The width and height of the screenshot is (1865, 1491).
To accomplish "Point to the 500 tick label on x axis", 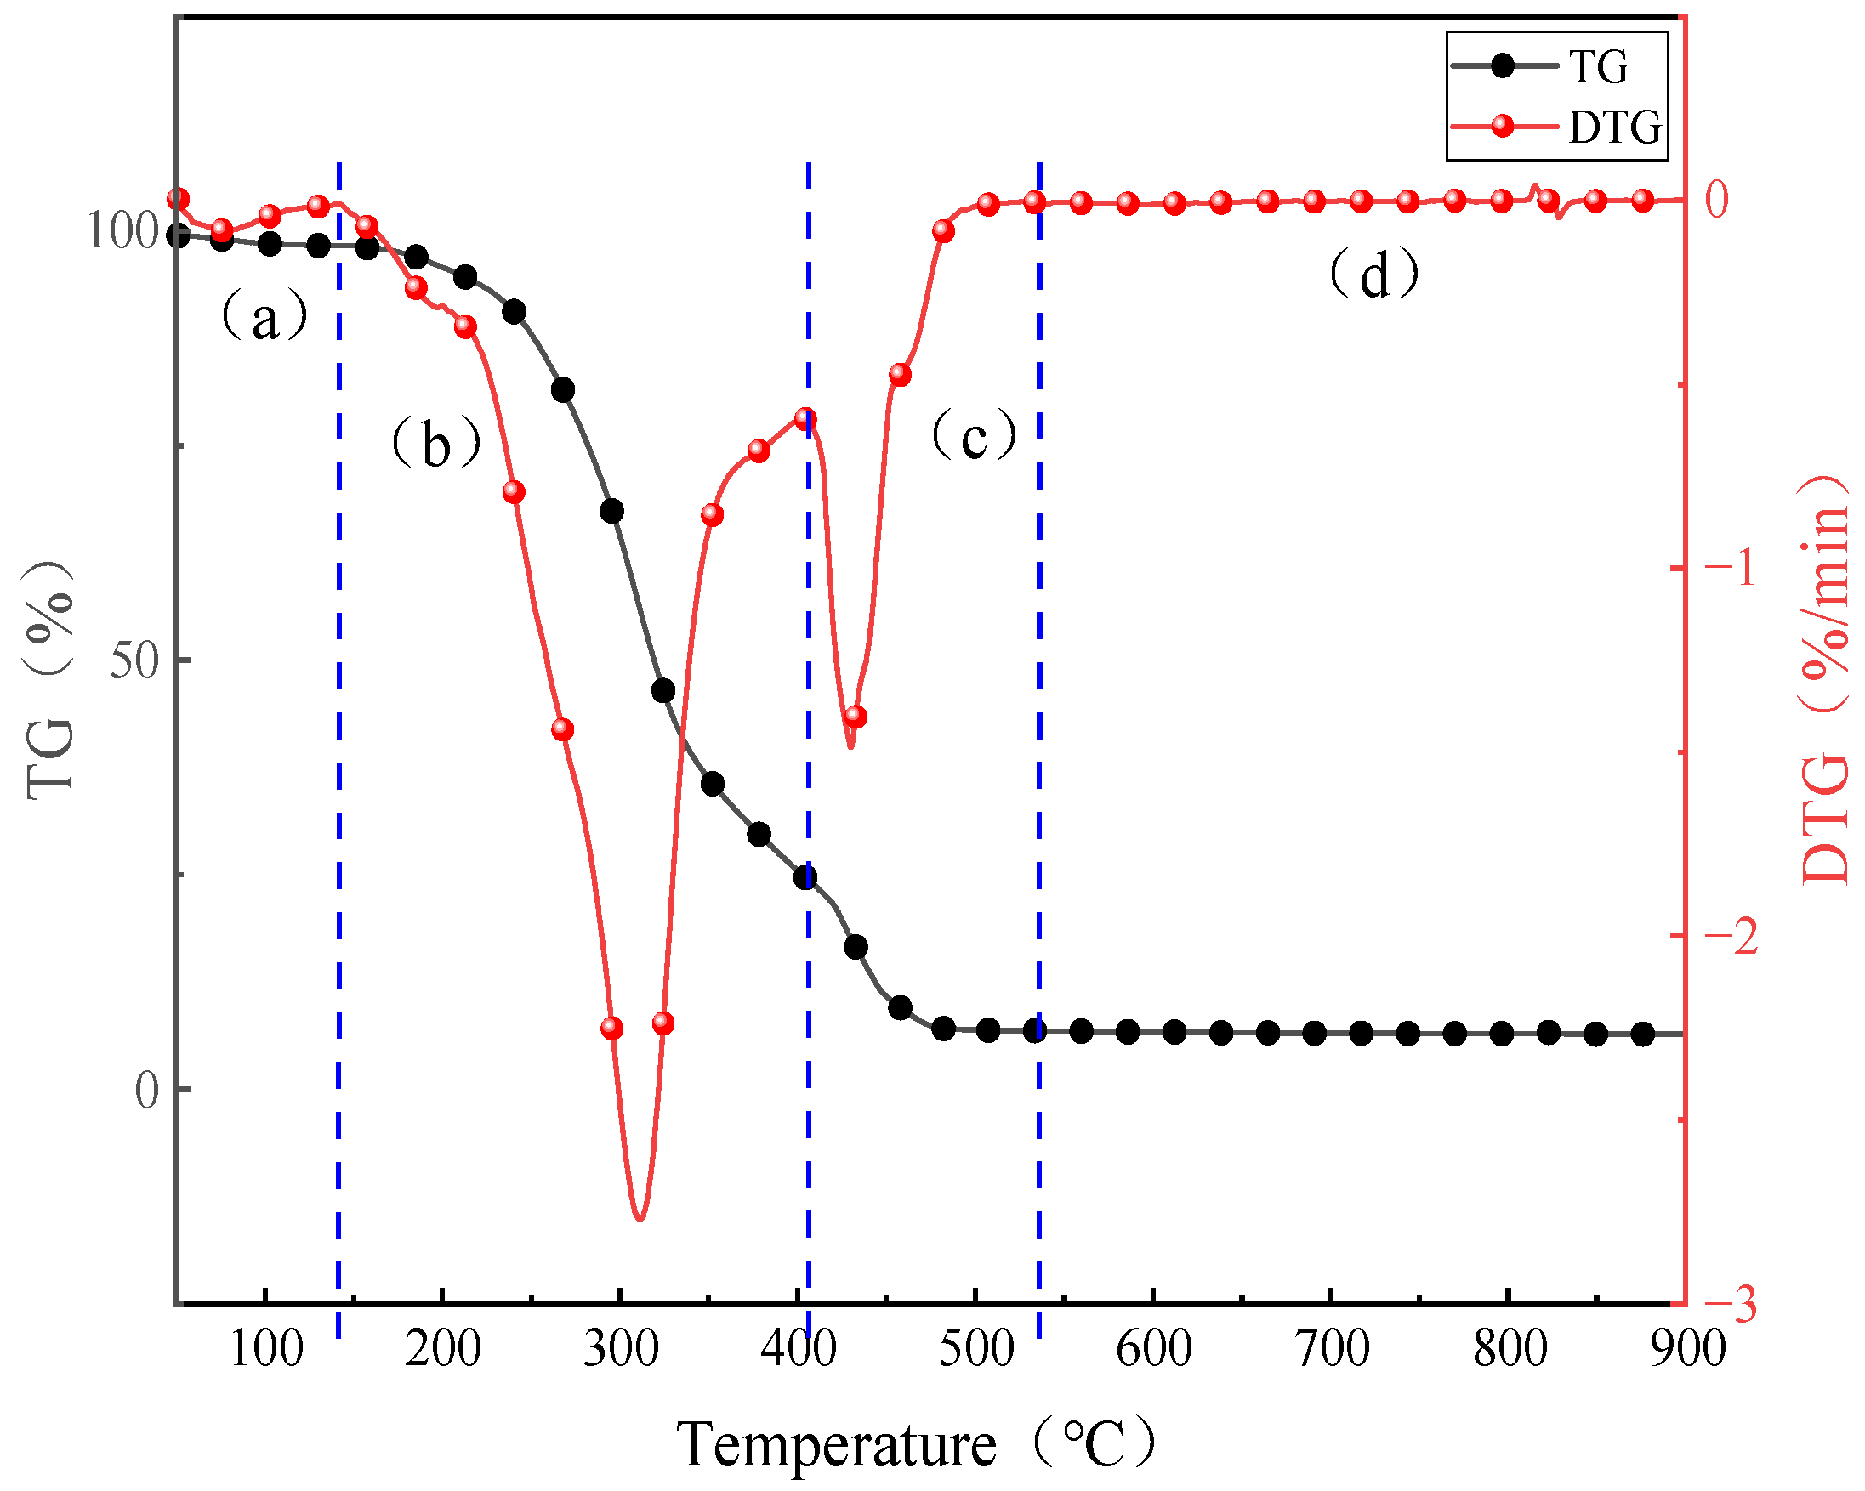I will pos(976,1348).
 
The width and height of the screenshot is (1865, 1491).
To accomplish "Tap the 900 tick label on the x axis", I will pos(1686,1348).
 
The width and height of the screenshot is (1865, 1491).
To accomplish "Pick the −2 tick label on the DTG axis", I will pos(1731,937).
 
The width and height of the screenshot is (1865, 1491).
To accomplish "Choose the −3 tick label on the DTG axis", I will pos(1731,1305).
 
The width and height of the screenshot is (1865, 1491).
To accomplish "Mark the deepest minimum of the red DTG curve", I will pos(640,1219).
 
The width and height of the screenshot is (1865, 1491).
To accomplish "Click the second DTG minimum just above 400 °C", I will pos(851,745).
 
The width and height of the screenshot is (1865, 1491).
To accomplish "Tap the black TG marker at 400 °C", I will pos(805,878).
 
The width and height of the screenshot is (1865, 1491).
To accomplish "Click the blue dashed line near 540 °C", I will pos(1039,779).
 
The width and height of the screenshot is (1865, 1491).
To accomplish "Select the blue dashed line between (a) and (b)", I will pos(339,779).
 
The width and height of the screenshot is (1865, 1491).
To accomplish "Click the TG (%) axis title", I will pos(49,680).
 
